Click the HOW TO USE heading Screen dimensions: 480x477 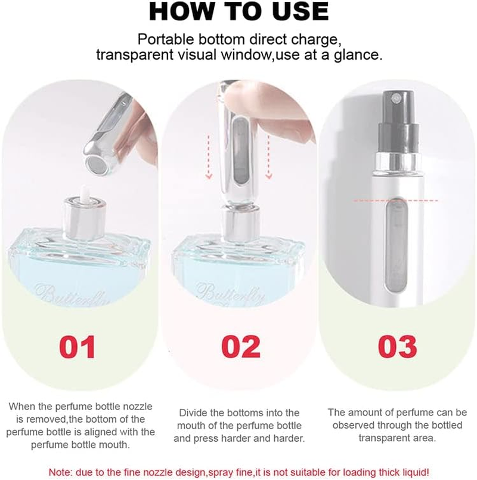point(238,11)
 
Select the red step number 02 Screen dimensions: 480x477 point(241,347)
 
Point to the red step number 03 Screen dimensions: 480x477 point(397,347)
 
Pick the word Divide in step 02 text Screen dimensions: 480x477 point(194,413)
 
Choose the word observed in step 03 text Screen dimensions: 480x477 point(356,425)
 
